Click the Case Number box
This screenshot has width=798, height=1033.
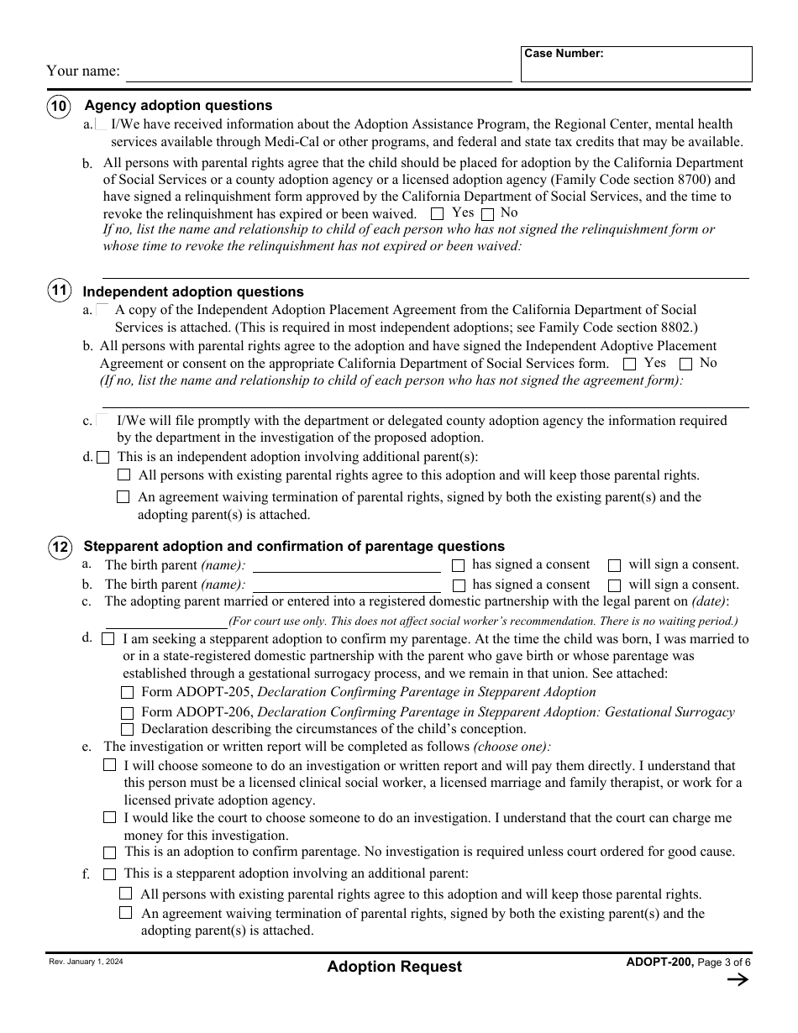[x=636, y=65]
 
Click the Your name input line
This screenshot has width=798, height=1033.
[x=318, y=72]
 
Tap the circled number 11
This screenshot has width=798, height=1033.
[x=58, y=291]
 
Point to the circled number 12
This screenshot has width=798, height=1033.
[x=59, y=548]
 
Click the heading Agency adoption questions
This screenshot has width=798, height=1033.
[x=178, y=106]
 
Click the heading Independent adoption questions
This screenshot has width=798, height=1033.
[x=193, y=292]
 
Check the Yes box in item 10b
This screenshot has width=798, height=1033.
[x=437, y=214]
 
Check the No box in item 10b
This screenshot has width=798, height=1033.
[x=488, y=214]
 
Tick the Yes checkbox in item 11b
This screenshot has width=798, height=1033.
[x=629, y=364]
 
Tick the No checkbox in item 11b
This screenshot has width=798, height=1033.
[x=685, y=364]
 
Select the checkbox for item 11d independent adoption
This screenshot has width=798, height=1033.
[x=102, y=458]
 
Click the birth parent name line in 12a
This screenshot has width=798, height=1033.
[x=346, y=565]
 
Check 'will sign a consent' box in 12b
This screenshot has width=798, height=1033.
[x=614, y=585]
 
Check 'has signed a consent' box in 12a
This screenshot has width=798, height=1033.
[x=458, y=565]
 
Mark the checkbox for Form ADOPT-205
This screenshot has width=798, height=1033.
[x=127, y=693]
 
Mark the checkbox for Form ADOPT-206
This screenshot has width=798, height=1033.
[x=127, y=713]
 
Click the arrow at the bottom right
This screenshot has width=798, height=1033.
[x=737, y=979]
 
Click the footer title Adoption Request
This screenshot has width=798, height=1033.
[x=394, y=967]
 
